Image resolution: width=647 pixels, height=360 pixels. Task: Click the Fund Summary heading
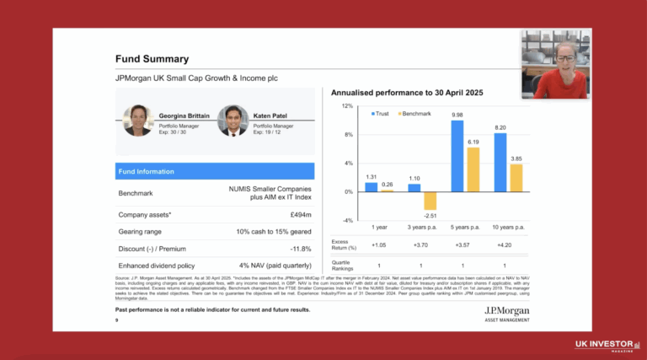152,59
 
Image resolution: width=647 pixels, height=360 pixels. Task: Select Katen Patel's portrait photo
233,120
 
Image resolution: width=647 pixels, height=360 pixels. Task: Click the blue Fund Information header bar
214,171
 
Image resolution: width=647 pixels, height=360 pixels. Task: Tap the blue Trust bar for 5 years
457,156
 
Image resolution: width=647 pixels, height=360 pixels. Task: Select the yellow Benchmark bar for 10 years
516,178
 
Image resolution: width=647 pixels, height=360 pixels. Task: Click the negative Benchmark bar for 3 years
430,201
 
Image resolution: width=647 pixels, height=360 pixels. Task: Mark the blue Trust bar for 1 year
372,187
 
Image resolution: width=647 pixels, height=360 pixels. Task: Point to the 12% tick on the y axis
346,106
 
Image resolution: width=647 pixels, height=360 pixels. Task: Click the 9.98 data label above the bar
457,115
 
